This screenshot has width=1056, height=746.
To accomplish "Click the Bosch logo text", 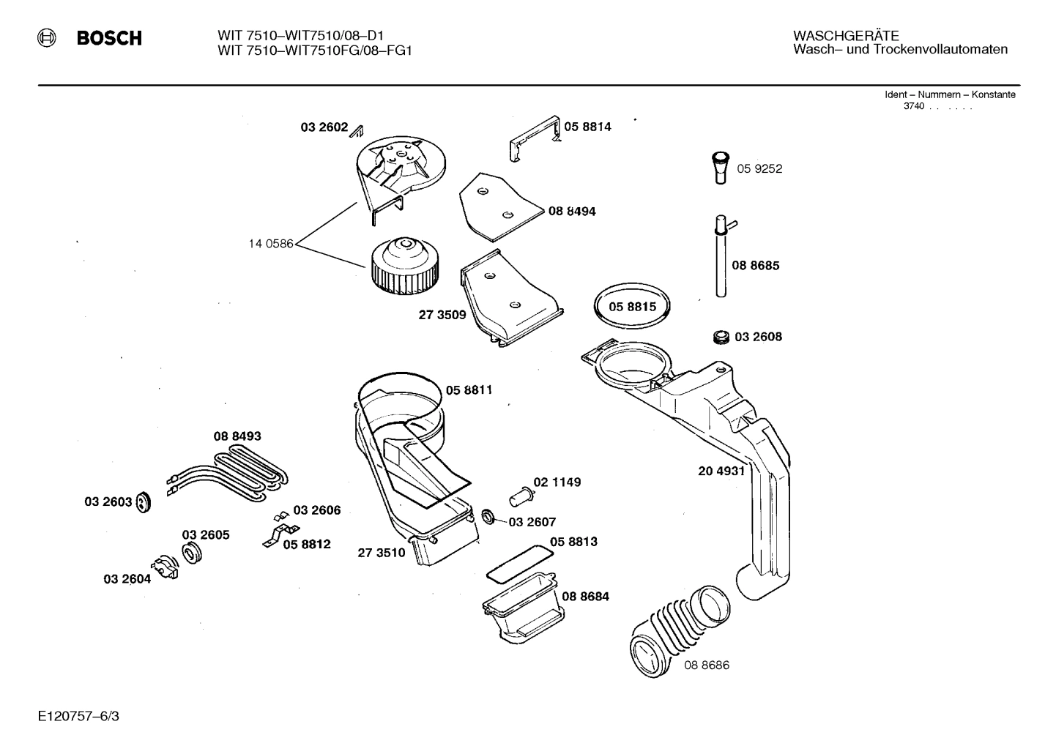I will pos(109,38).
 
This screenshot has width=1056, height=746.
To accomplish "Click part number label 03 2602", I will pos(324,127).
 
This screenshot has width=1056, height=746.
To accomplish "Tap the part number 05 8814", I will pos(587,127).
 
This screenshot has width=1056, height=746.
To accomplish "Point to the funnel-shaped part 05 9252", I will pos(721,168).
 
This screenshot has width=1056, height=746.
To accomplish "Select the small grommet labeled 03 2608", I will pos(721,337).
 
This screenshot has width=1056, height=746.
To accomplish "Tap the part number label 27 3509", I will pos(442,316).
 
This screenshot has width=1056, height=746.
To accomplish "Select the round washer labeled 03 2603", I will pos(144,502).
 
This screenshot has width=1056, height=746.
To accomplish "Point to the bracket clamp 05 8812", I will pos(278,534).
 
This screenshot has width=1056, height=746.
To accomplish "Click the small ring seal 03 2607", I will pos(487,518).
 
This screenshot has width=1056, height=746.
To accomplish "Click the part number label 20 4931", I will pos(721,471).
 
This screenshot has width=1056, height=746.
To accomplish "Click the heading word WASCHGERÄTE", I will pos(846,36).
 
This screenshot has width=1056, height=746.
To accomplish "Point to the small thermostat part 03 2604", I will pos(165,568).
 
